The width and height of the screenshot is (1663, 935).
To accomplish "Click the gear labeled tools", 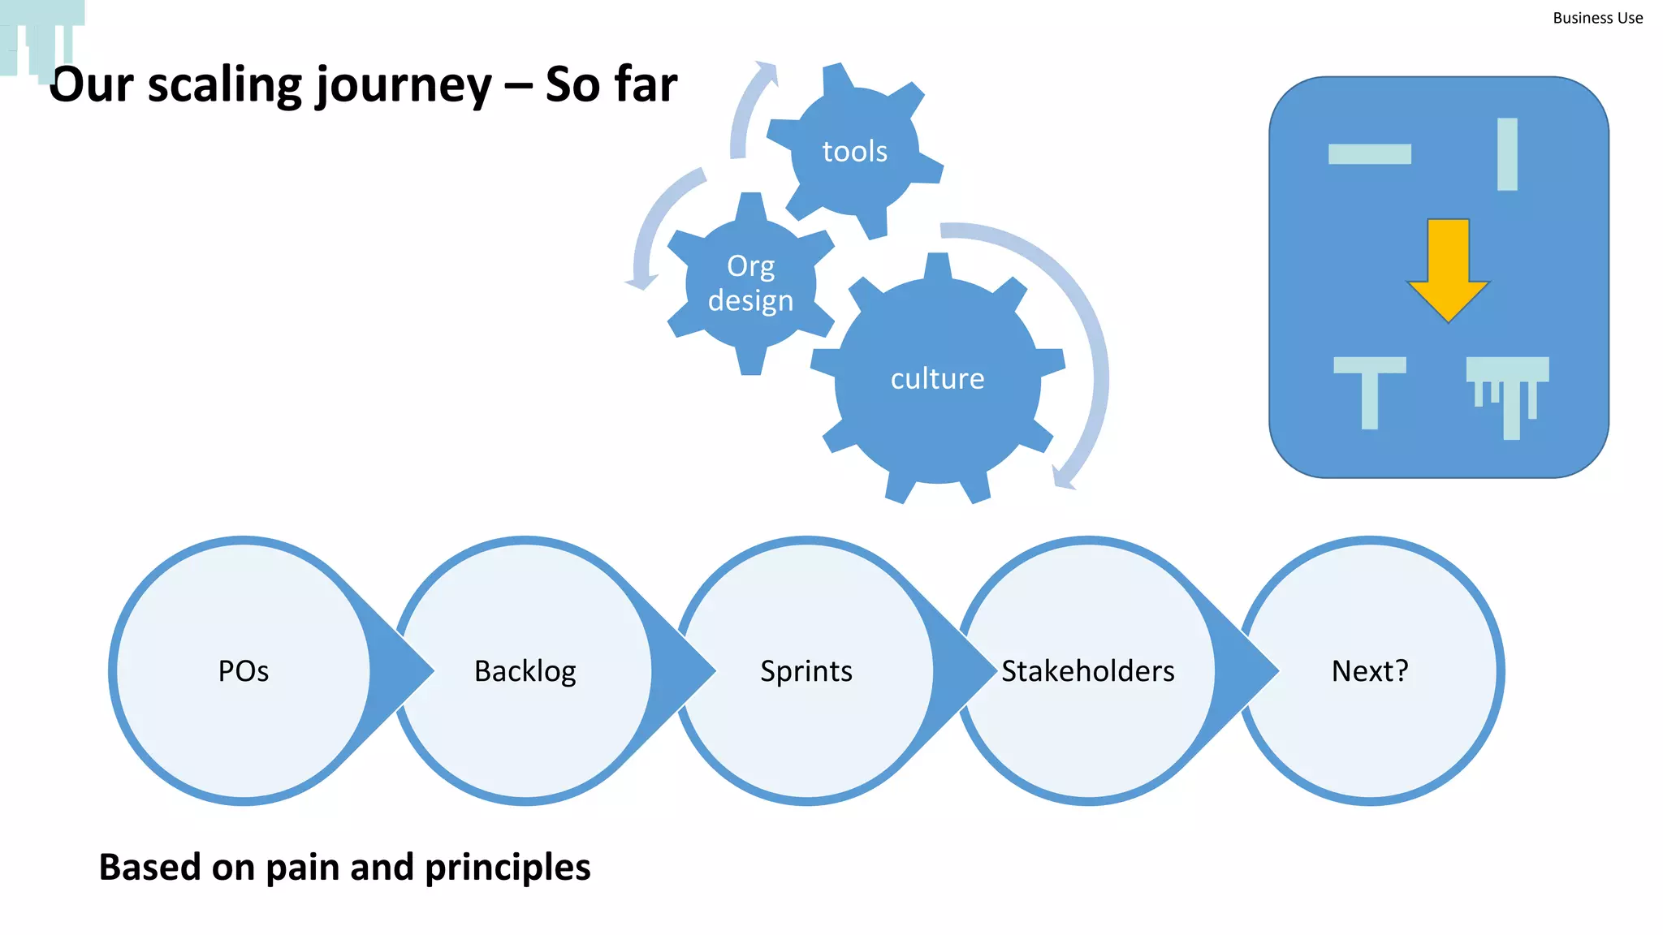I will click(x=854, y=151).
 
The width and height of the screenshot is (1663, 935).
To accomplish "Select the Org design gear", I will click(x=750, y=283).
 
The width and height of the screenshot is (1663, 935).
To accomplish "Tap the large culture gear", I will click(x=937, y=379).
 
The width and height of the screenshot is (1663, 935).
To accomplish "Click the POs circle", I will click(x=243, y=671).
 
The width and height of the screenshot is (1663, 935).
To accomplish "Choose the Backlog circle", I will click(x=525, y=671).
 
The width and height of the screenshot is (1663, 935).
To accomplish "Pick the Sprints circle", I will click(x=806, y=671).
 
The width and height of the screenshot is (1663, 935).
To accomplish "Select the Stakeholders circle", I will click(x=1087, y=671).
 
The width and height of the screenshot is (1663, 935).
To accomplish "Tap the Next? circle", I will click(x=1370, y=671).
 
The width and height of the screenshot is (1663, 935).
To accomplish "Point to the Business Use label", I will click(x=1597, y=18).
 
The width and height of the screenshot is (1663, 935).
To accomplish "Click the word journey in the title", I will click(x=404, y=85).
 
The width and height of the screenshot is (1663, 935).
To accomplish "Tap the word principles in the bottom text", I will click(x=508, y=867).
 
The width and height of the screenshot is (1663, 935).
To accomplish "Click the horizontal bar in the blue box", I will click(x=1369, y=153).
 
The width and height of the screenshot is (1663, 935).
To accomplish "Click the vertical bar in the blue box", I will click(x=1507, y=154).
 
